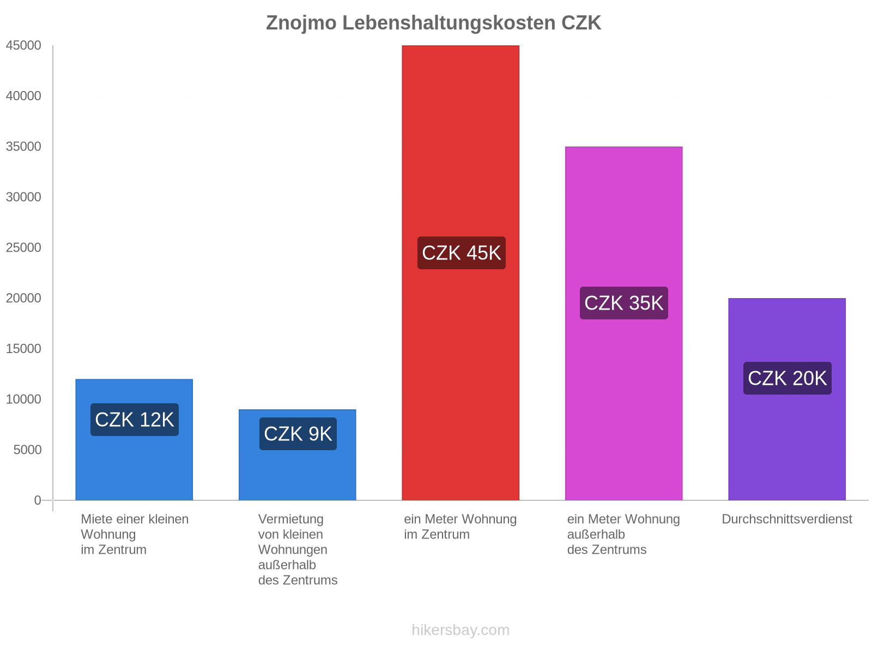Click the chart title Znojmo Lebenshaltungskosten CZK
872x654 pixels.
tap(433, 23)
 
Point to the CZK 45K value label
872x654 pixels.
tap(461, 253)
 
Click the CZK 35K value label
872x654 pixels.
tap(623, 303)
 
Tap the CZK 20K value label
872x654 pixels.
tap(787, 378)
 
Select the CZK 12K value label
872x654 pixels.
tap(134, 420)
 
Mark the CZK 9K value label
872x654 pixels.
tap(298, 434)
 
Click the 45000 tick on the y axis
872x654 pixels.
tap(23, 46)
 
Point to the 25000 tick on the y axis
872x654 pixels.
tap(23, 248)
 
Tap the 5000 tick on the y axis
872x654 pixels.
tap(27, 450)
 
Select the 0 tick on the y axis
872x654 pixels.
tap(38, 500)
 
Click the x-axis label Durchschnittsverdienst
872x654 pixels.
tap(786, 519)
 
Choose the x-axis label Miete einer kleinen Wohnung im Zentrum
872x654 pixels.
tap(134, 534)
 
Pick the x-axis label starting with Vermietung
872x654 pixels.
tap(298, 549)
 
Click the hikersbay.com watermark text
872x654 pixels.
tap(461, 630)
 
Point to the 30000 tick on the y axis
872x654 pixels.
tap(23, 197)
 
